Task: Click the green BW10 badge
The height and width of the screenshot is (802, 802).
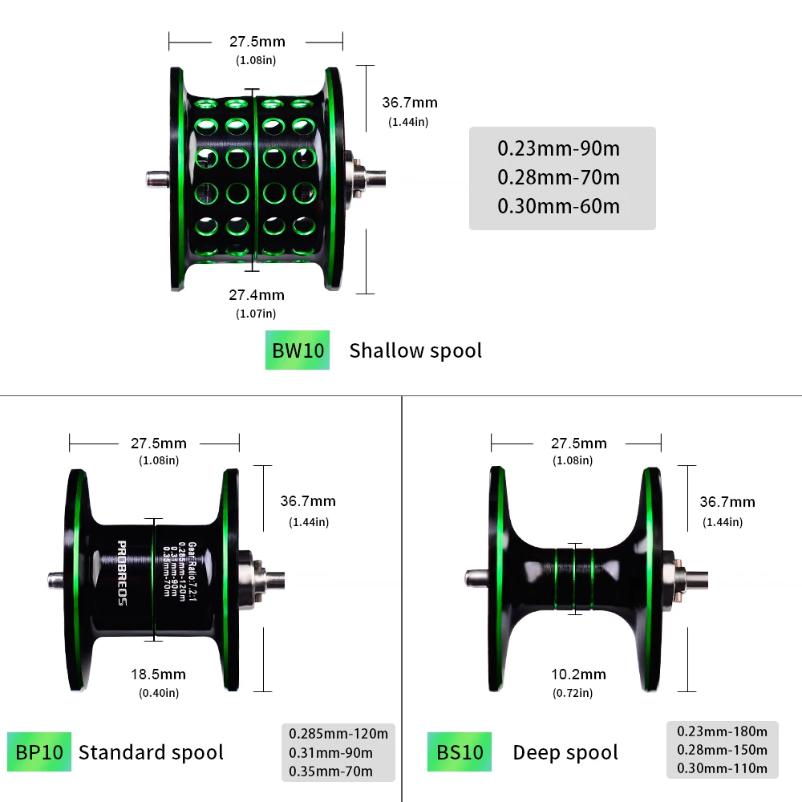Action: coord(298,350)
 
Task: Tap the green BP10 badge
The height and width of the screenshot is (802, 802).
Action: coord(39,752)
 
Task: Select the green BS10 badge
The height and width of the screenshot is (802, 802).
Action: coord(460,752)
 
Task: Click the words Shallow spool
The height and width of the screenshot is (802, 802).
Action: coord(415,350)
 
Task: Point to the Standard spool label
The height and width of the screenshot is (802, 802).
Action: coord(151,752)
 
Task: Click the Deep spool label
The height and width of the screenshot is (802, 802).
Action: coord(565,752)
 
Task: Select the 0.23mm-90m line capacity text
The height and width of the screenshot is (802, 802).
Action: coord(558,148)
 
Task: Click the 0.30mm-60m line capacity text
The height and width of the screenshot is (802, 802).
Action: coord(558,206)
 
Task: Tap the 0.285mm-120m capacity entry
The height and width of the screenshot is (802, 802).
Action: coord(338,733)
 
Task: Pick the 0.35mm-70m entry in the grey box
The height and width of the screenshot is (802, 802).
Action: coord(330,772)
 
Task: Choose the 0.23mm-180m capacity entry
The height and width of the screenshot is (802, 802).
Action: coord(722,731)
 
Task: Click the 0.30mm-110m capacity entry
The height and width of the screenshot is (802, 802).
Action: coord(722,768)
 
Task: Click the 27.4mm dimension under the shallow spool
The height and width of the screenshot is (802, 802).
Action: coord(257,295)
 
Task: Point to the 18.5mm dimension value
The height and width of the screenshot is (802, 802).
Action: coord(158,674)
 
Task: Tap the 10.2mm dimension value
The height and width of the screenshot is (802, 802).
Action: coord(578,674)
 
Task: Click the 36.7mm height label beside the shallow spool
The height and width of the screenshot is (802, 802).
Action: coord(409,103)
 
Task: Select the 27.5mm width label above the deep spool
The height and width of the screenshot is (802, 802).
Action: coord(578,444)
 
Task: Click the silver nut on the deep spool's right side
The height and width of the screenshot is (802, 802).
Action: coord(675,576)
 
